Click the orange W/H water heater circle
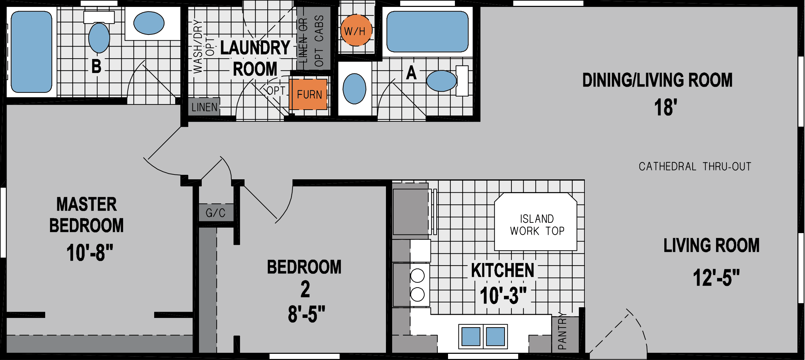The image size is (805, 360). point(356,30)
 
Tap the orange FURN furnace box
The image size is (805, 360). point(308,94)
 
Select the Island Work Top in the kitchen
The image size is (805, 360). point(536,222)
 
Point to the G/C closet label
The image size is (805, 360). point(216,213)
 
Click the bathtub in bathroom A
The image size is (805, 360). point(427,31)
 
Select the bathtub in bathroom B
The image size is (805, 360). point(31,52)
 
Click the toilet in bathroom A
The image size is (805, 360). point(442,81)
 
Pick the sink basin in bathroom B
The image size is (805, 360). point(149,23)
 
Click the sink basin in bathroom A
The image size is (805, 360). point(354,88)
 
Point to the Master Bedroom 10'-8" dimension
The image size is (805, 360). point(90,252)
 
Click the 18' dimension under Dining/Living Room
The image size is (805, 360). point(665,107)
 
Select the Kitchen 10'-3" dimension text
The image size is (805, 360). point(503,295)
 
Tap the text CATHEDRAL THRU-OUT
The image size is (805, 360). point(695,167)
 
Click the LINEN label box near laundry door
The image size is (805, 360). point(204,107)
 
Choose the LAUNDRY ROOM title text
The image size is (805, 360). point(255,58)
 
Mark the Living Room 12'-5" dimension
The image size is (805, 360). point(716,278)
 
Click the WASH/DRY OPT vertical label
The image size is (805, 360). point(203,47)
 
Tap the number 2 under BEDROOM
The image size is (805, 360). point(305,289)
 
